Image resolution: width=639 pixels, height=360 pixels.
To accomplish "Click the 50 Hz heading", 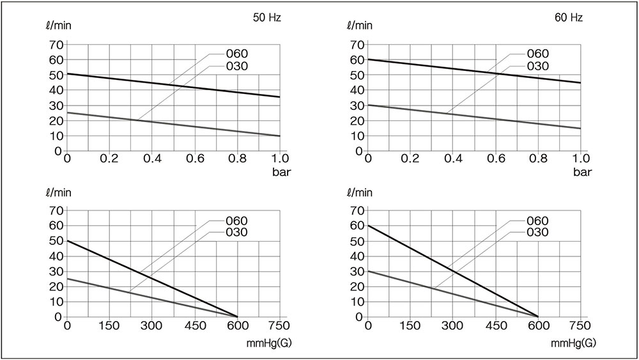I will [267, 18].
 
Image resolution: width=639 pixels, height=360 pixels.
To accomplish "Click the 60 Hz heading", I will [568, 18].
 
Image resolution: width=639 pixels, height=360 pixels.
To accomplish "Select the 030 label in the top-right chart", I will [537, 66].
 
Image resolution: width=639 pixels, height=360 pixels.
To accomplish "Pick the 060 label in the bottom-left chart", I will [236, 221].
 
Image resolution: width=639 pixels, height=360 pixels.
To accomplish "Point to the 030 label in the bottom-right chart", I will [537, 233].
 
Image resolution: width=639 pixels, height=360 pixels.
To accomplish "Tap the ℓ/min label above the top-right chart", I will [359, 26].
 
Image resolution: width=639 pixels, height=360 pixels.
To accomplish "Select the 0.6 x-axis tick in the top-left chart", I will [195, 159].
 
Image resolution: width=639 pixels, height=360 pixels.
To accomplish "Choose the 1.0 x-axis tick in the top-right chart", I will [580, 159].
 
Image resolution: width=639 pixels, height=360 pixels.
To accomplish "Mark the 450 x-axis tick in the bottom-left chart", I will [195, 325].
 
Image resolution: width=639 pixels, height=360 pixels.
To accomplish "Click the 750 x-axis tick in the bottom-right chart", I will [580, 325].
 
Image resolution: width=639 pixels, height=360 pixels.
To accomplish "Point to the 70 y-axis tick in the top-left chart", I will [56, 45].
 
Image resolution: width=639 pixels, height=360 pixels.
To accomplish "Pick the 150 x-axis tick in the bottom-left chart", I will [110, 325].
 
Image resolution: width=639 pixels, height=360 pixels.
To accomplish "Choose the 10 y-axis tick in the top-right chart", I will [356, 136].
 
